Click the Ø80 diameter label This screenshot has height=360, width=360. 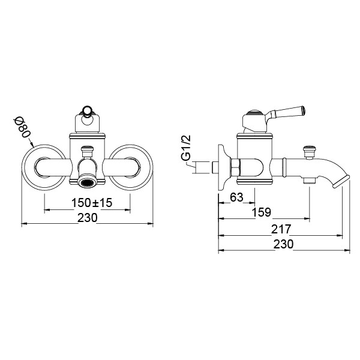click(22, 127)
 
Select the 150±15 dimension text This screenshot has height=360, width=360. click(92, 203)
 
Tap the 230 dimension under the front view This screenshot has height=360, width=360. click(87, 218)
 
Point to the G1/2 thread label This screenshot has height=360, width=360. click(186, 148)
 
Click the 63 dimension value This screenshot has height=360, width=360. click(236, 197)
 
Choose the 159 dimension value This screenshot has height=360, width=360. click(262, 212)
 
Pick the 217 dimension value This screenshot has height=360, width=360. click(281, 229)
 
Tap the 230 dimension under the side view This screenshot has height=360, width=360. click(283, 244)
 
